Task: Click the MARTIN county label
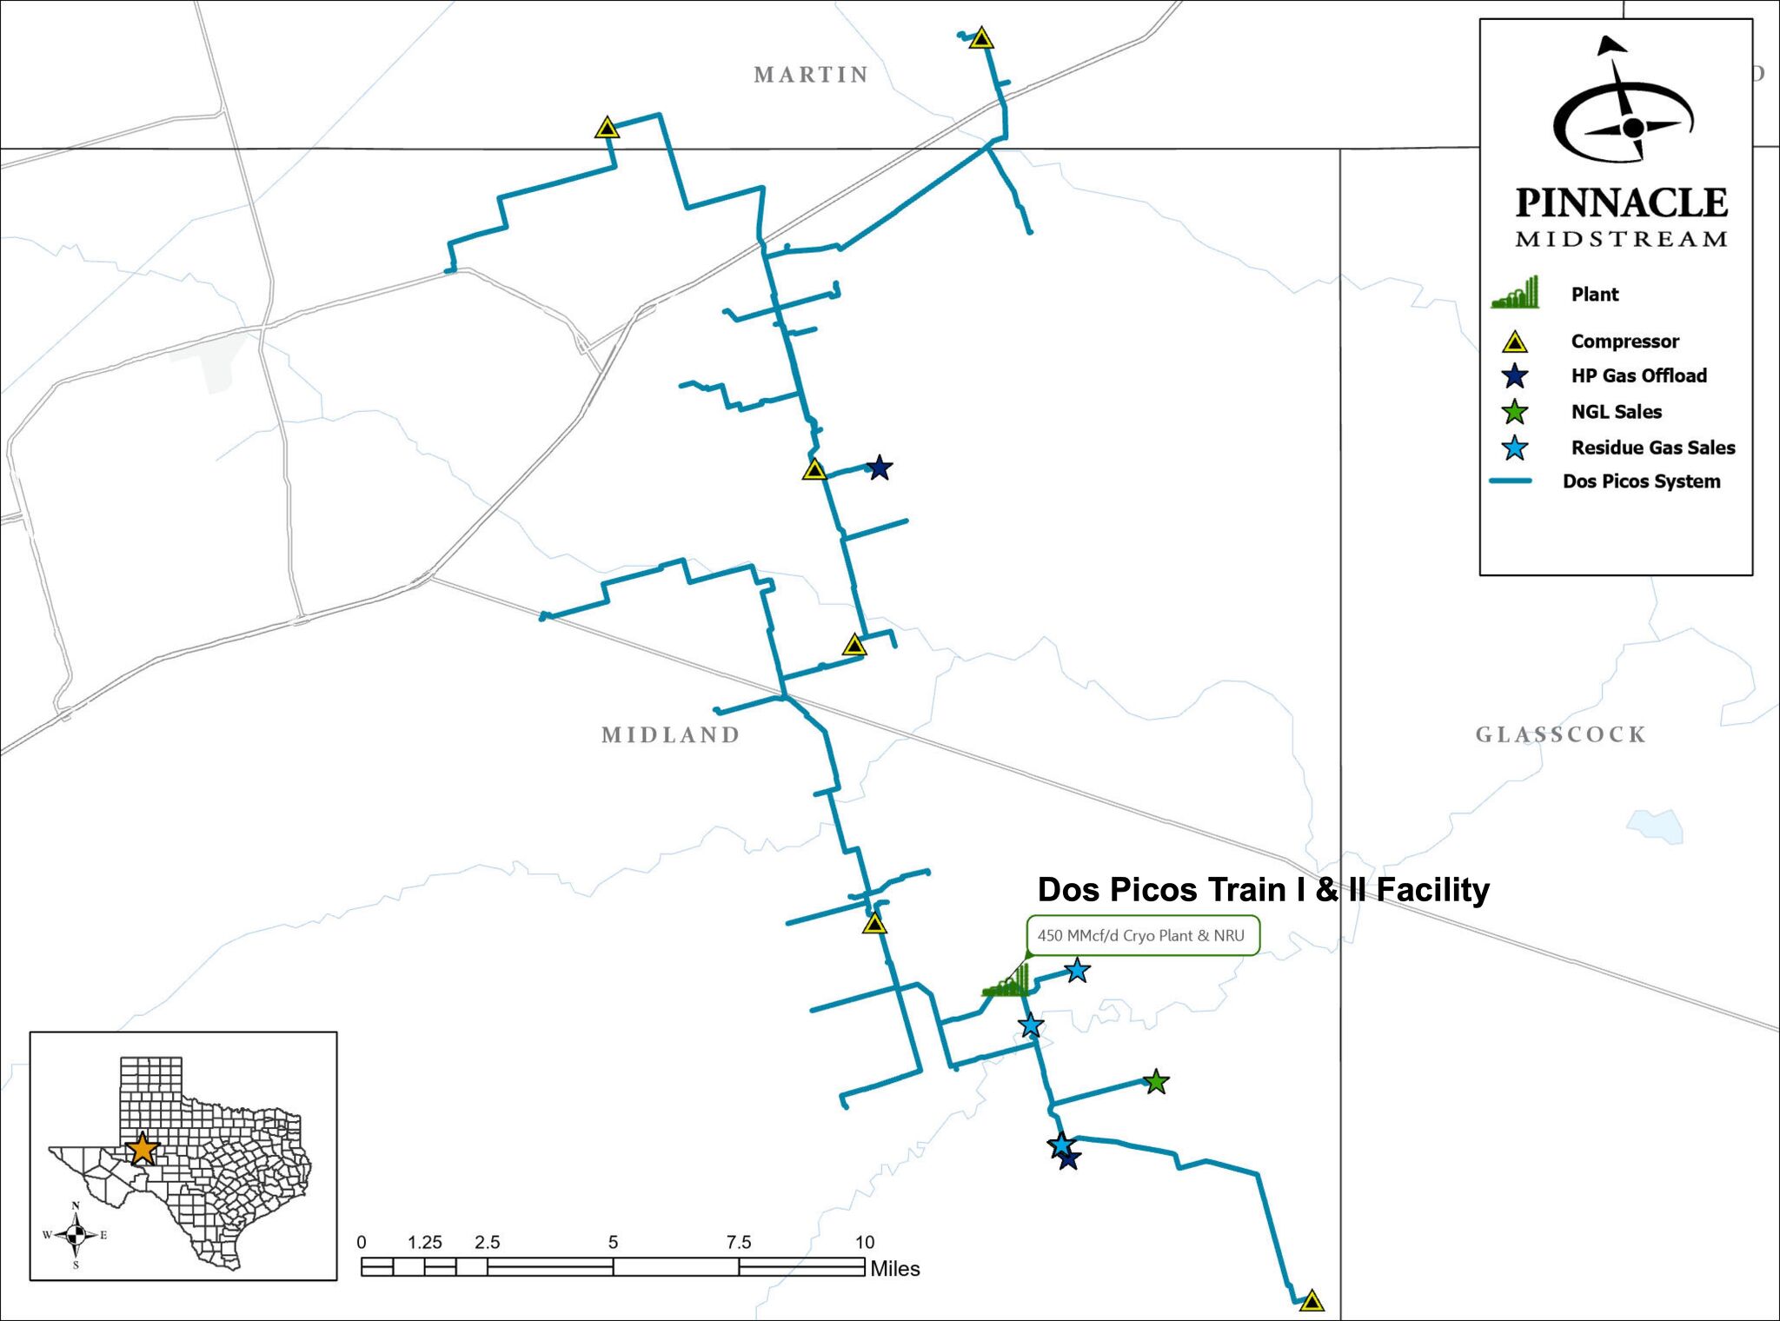click(811, 75)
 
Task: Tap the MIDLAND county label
click(670, 735)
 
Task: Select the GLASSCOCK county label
click(1560, 735)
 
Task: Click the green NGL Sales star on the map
click(1155, 1082)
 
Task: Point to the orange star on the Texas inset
click(142, 1149)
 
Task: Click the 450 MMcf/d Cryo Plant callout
click(1141, 936)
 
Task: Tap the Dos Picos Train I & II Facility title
click(1263, 890)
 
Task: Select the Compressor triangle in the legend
click(1515, 342)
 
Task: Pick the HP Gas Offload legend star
click(1515, 376)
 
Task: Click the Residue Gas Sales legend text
click(1652, 448)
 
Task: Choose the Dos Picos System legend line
click(1511, 481)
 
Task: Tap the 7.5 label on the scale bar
click(738, 1242)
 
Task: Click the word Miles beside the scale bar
click(894, 1269)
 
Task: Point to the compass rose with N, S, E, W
click(76, 1235)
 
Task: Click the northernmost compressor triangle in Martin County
click(981, 38)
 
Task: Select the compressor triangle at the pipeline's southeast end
click(1312, 1301)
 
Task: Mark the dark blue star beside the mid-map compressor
click(880, 468)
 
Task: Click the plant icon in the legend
click(1515, 294)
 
